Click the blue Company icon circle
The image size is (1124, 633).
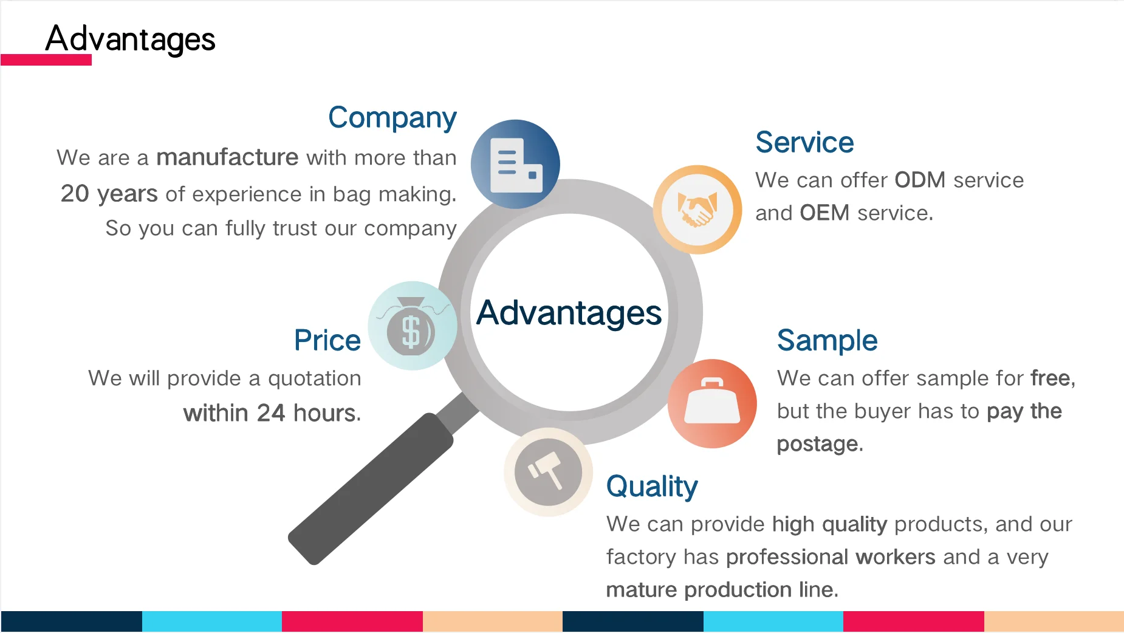tap(515, 164)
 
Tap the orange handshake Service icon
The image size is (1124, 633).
tap(697, 210)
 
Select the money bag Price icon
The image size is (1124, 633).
tap(412, 326)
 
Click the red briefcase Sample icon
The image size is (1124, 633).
tap(712, 404)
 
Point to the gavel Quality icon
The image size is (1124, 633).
tap(548, 472)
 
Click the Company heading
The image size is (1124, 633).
tap(392, 118)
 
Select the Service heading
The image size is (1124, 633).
tap(804, 143)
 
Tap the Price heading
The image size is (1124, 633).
tap(327, 340)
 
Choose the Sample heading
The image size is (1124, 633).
tap(827, 340)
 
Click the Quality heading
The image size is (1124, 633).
tap(652, 487)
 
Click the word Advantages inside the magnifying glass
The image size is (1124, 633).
tap(569, 313)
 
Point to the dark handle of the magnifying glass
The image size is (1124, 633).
tap(371, 489)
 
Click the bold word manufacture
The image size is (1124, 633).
tap(227, 157)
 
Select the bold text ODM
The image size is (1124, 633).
tap(919, 180)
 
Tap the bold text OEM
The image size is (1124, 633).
tap(824, 213)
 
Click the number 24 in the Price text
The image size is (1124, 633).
tap(270, 413)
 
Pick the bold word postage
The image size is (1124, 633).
tap(818, 444)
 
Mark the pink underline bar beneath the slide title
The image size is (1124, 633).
tap(46, 60)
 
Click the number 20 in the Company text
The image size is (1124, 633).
tap(75, 194)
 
